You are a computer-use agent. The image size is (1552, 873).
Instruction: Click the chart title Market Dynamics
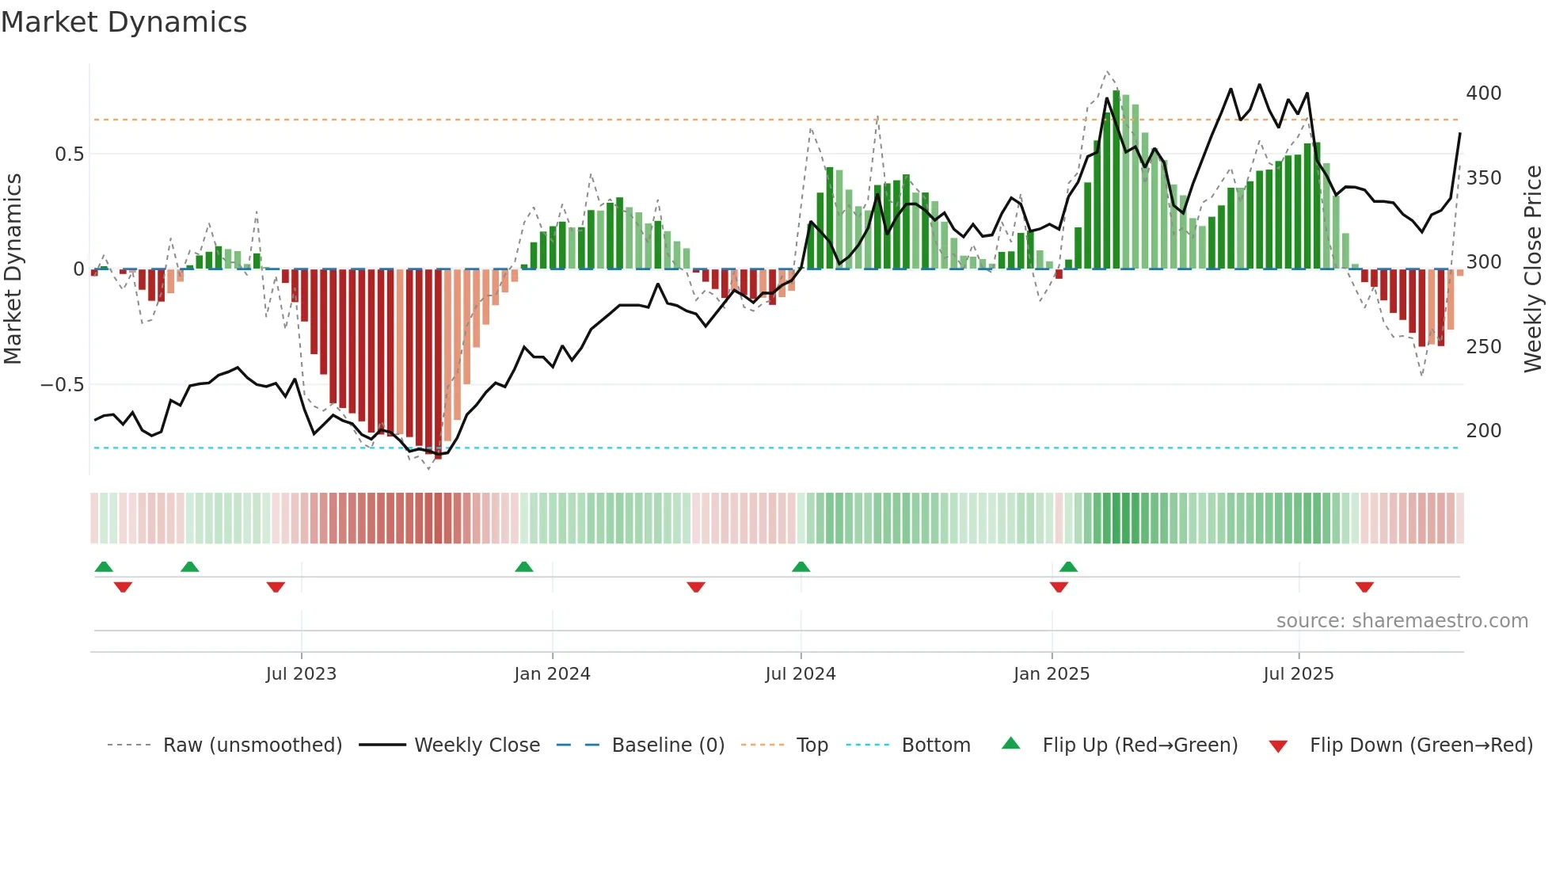click(124, 22)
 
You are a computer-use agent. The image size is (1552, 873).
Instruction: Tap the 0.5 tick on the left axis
click(69, 154)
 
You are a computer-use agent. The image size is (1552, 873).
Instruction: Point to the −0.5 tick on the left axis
click(63, 385)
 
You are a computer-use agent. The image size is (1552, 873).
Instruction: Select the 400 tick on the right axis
click(1483, 93)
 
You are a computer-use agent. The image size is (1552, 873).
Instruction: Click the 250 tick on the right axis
click(1483, 347)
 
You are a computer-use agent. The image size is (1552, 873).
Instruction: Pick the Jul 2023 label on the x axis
click(301, 674)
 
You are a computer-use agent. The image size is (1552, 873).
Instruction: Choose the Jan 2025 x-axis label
click(1051, 674)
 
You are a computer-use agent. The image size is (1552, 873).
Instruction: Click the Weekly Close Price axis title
click(1533, 269)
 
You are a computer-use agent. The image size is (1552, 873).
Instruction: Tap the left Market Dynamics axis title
click(13, 269)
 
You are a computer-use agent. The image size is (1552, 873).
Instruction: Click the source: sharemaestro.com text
click(1402, 621)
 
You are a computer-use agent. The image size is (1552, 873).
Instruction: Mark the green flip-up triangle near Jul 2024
click(801, 566)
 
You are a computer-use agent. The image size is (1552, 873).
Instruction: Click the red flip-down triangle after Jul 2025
click(1364, 587)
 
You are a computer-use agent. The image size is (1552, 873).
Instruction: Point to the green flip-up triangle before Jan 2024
click(523, 566)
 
